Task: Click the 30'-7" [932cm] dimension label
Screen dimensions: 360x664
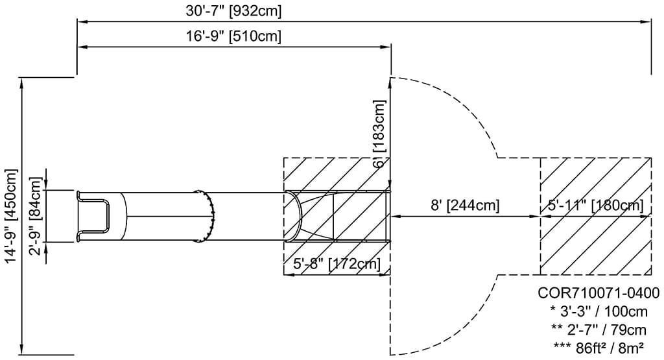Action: [234, 11]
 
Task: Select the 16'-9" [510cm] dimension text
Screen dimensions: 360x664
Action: [234, 36]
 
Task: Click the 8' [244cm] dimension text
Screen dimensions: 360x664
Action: [465, 206]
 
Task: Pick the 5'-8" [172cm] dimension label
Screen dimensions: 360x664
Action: [337, 264]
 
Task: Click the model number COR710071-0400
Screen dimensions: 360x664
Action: [599, 293]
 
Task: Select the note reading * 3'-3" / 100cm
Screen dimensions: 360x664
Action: [599, 311]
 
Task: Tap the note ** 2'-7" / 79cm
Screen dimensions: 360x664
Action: [599, 330]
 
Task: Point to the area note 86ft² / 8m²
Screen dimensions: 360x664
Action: [599, 348]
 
